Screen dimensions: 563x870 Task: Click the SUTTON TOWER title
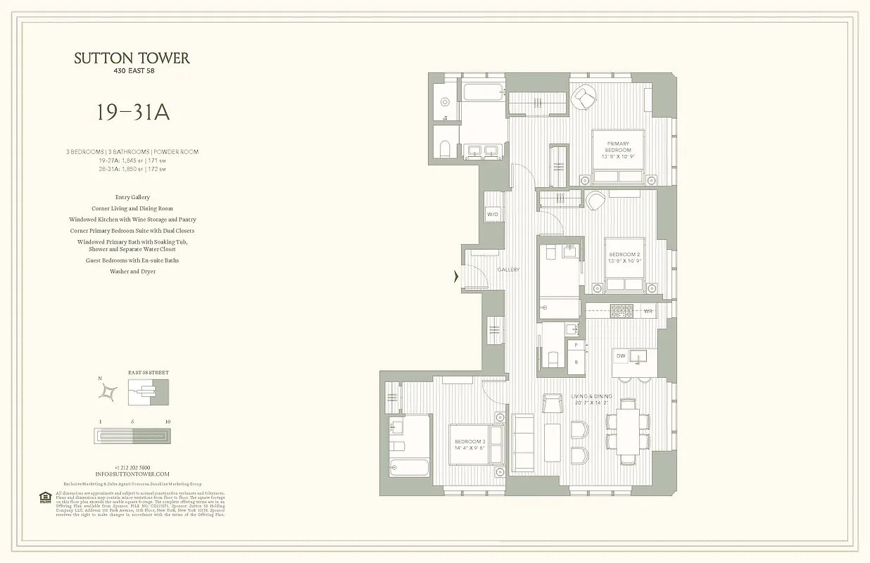coord(132,58)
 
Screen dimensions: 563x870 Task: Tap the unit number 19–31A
coord(133,113)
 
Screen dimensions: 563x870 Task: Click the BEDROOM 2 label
coord(624,258)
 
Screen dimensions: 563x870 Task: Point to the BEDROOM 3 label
coord(469,445)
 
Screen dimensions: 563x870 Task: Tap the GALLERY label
coord(508,270)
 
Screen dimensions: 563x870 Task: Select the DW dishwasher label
coord(621,356)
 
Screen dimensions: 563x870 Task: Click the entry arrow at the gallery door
coord(456,277)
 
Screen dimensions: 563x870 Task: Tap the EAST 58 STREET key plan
coord(148,392)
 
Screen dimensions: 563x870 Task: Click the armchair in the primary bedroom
coord(584,98)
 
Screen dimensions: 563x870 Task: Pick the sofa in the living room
coord(522,442)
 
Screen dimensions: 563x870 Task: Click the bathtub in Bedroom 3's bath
coord(409,467)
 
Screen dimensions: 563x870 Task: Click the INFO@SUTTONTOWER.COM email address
coord(132,474)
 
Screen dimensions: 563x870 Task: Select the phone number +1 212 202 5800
coord(132,467)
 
